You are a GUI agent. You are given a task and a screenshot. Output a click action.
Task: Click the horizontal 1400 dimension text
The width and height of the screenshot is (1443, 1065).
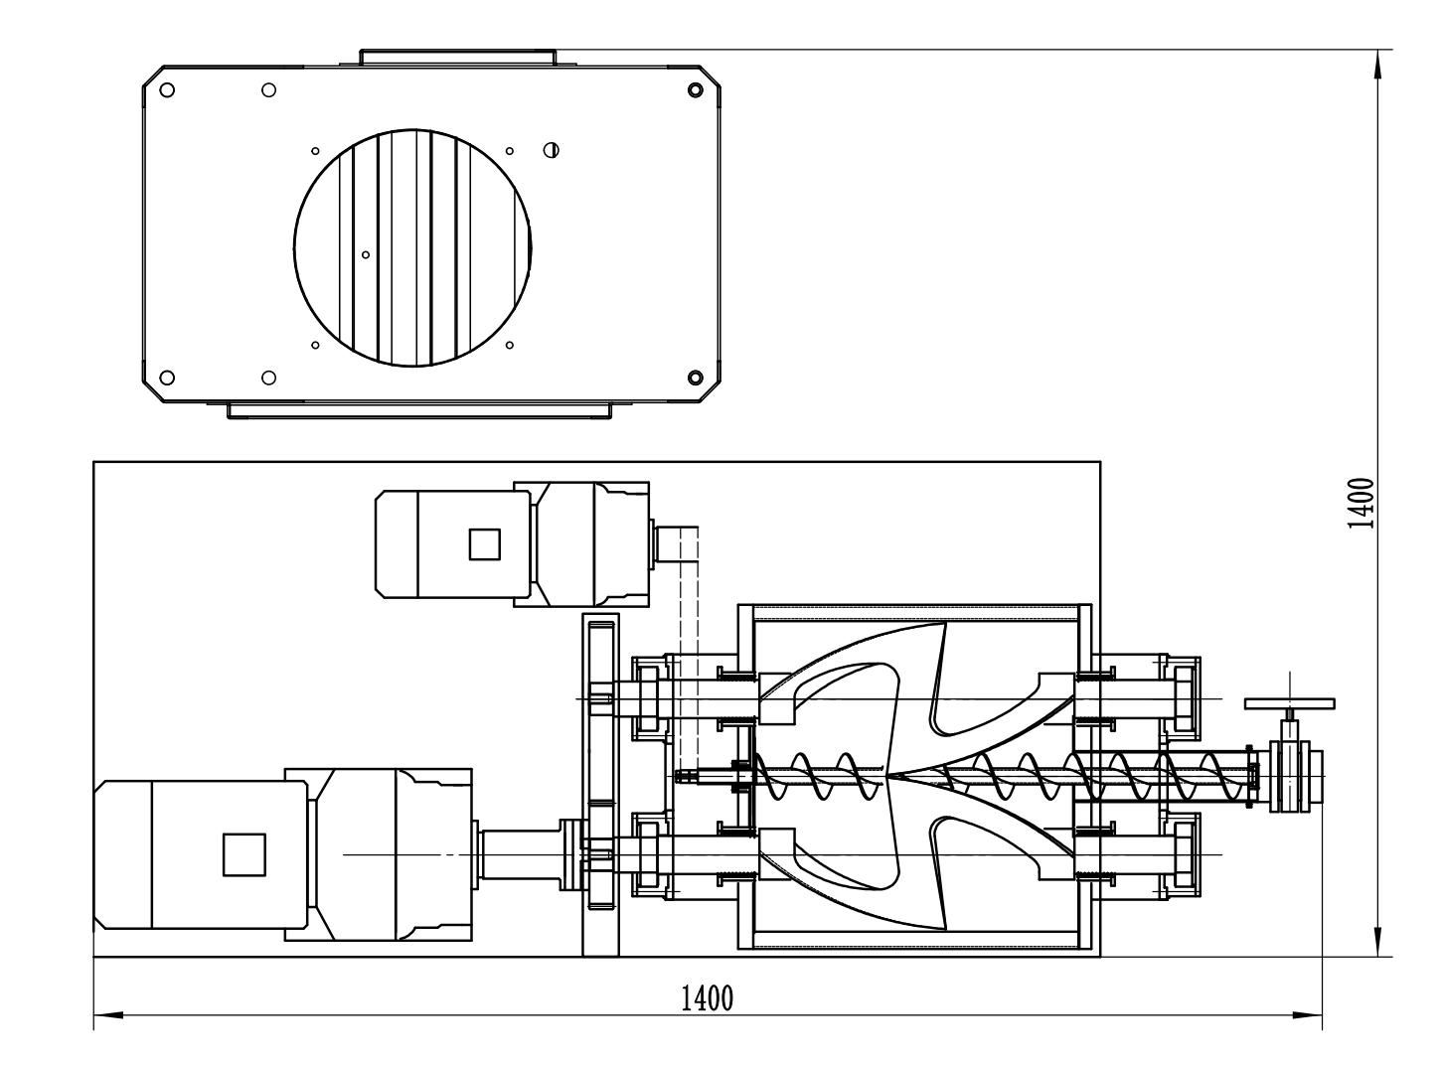coord(707,996)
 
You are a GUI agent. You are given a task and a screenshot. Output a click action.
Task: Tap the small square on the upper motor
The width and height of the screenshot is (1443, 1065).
coord(484,543)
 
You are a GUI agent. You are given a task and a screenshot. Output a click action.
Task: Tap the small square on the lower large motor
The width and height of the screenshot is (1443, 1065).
coord(243,854)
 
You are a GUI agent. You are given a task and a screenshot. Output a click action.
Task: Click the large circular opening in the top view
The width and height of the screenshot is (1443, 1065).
coord(412,245)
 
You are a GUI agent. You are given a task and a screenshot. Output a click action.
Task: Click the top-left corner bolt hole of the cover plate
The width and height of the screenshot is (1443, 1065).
coord(168,89)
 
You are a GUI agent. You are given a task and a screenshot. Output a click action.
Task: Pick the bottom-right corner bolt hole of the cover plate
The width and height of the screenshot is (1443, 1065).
coord(696,378)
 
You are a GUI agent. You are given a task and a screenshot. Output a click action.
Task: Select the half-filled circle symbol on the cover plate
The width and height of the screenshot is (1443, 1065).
coord(551,150)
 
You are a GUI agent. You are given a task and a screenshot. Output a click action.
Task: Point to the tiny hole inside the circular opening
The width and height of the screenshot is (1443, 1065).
coord(366,255)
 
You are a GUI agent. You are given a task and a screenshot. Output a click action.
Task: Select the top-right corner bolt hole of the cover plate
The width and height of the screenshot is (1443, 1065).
coord(696,90)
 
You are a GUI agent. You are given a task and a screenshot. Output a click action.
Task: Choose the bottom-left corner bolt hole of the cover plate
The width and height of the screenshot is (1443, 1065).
coord(168,378)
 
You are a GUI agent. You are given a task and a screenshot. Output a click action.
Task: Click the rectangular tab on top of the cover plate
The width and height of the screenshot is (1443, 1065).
coord(457,56)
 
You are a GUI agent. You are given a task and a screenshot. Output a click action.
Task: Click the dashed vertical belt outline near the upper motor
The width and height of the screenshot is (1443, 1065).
coord(689,636)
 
